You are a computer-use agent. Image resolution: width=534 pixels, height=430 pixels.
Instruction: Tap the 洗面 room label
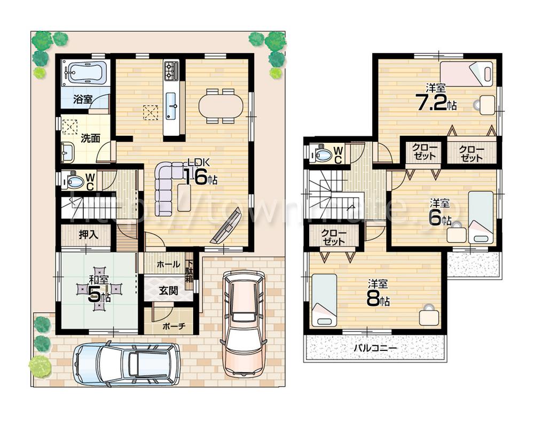[x=90, y=138]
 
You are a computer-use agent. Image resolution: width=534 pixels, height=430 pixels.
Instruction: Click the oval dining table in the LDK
[x=220, y=105]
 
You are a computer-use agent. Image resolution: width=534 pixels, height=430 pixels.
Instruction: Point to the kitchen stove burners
[x=171, y=70]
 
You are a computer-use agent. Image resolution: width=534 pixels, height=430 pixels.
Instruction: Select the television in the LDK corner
[x=225, y=228]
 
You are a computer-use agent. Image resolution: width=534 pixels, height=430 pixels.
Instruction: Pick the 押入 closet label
[x=88, y=235]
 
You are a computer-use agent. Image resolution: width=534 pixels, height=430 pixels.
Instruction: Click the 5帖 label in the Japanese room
[x=96, y=295]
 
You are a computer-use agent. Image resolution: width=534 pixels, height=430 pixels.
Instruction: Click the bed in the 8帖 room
[x=324, y=299]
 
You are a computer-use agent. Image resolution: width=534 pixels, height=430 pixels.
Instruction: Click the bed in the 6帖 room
[x=481, y=217]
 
